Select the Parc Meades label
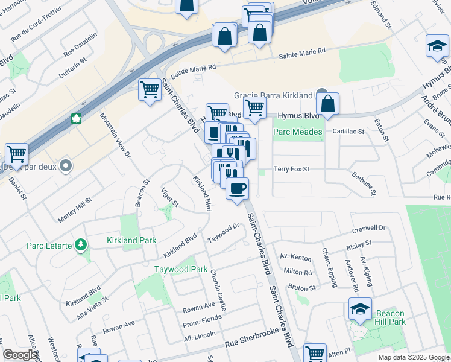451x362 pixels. tap(298, 132)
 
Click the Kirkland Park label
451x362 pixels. tap(131, 240)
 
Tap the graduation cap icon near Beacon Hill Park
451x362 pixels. tap(361, 310)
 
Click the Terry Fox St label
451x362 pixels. tap(292, 170)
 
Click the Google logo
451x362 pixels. tap(20, 355)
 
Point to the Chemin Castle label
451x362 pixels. tap(218, 290)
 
